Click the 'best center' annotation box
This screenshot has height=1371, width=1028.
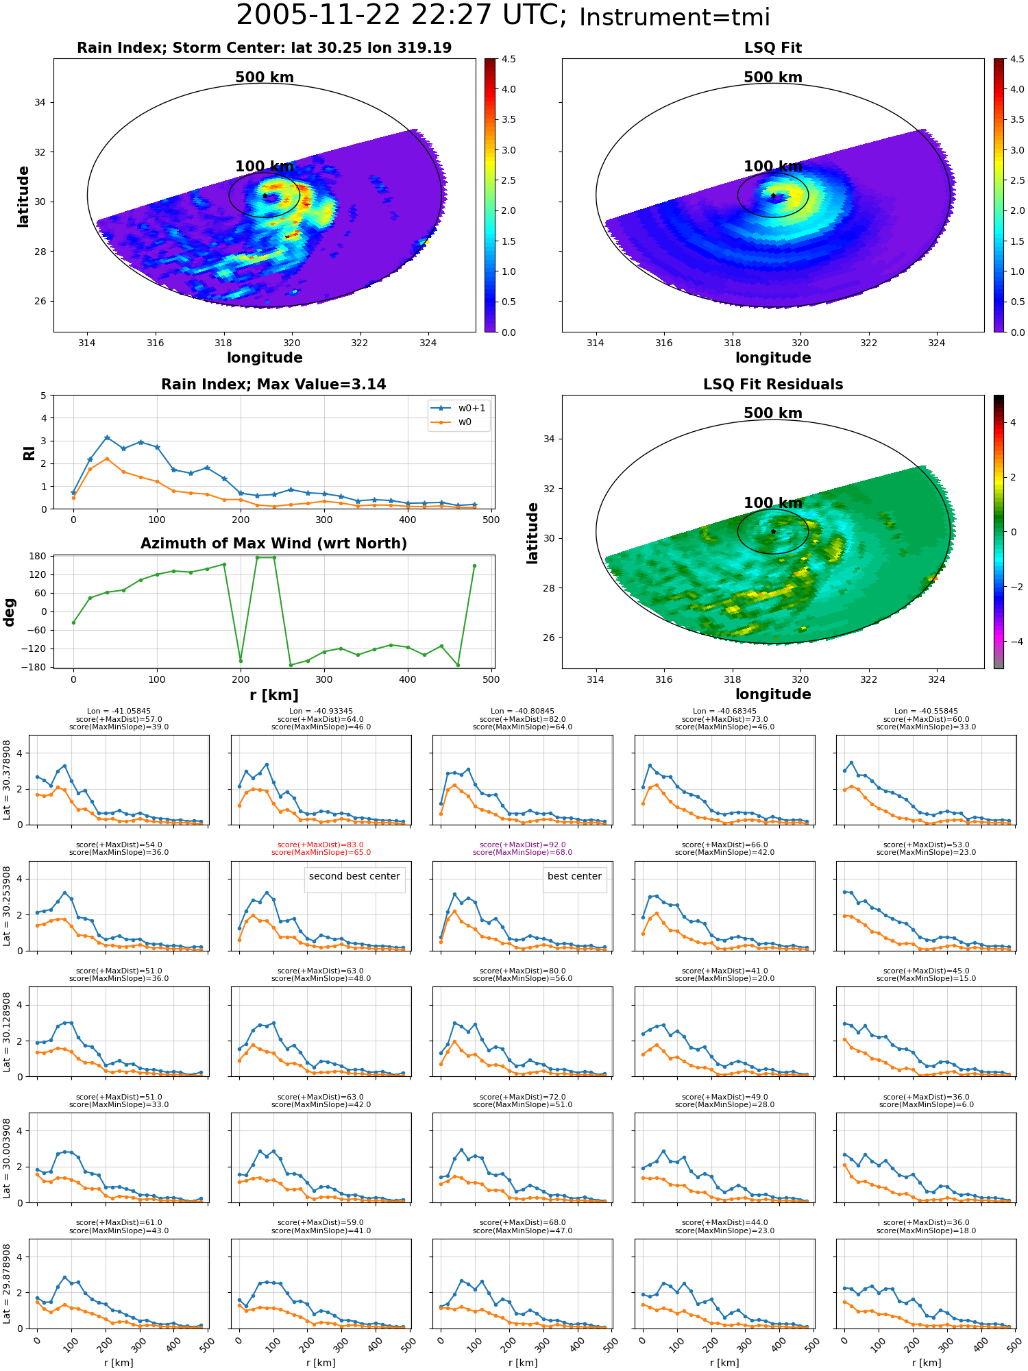click(574, 877)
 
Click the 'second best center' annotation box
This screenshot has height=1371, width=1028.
click(354, 877)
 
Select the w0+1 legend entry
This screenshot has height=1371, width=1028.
click(459, 408)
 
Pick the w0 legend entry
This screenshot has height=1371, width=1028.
click(452, 422)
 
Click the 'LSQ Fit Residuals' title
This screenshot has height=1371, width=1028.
click(773, 385)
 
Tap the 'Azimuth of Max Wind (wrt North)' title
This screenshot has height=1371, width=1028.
click(273, 544)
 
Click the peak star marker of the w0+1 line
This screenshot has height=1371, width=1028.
click(107, 437)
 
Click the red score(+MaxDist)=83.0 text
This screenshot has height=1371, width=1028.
click(321, 845)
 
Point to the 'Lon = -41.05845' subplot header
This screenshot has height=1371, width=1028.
click(119, 712)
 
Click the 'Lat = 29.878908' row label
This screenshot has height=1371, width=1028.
click(7, 1284)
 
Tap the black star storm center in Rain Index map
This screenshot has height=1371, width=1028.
click(265, 195)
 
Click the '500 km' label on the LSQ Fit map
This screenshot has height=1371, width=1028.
click(773, 77)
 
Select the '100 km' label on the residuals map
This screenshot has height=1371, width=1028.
click(773, 503)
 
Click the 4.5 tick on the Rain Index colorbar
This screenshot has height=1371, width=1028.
click(509, 59)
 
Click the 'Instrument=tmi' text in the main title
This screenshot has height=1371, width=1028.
click(674, 17)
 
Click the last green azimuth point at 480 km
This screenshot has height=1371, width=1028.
click(474, 566)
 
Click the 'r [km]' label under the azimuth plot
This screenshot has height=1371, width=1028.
click(273, 695)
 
